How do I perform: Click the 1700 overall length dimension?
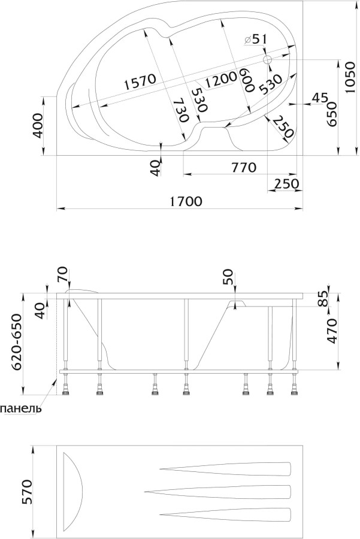(x=186, y=201)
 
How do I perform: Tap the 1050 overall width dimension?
(x=349, y=78)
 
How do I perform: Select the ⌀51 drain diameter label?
(x=255, y=40)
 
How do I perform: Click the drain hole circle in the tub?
(x=268, y=60)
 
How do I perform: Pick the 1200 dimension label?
(x=220, y=80)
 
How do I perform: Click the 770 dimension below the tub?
(x=244, y=168)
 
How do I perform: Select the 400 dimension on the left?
(x=38, y=126)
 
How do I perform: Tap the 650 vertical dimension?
(x=331, y=114)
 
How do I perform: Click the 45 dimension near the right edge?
(x=320, y=98)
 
